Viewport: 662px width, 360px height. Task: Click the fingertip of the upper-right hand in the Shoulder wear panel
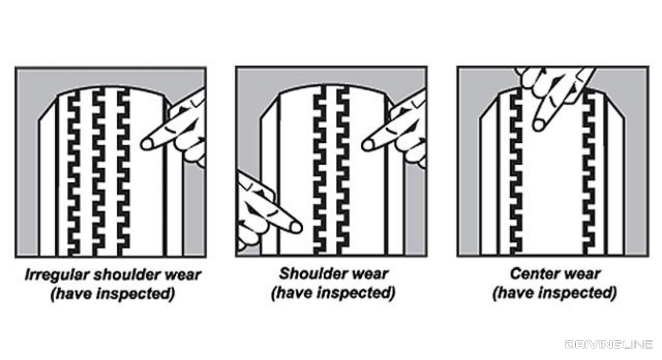pyautogui.click(x=368, y=145)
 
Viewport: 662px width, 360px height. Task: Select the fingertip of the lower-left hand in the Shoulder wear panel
pyautogui.click(x=296, y=226)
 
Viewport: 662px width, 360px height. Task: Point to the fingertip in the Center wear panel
pyautogui.click(x=539, y=124)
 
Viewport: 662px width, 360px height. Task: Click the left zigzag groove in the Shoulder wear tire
pyautogui.click(x=319, y=170)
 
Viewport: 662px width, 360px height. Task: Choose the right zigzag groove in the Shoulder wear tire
pyautogui.click(x=343, y=170)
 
